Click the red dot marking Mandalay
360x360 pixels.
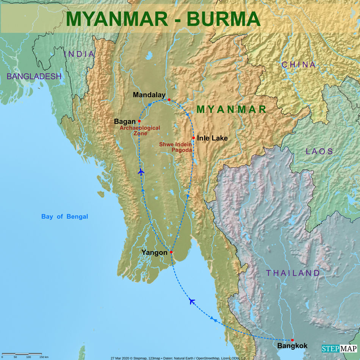tap(169, 100)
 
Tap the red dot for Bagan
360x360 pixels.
tap(139, 121)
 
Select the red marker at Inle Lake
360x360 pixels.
tap(193, 138)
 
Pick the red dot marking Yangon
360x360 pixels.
tap(171, 252)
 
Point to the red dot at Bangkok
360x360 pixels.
tap(292, 340)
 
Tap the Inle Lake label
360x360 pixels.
tap(212, 138)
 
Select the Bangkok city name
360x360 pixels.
tap(292, 346)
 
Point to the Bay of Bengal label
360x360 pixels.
tap(64, 217)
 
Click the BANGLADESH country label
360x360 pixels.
tap(34, 77)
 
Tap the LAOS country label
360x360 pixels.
tap(319, 152)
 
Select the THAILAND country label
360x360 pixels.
tap(293, 273)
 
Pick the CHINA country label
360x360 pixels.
tap(299, 65)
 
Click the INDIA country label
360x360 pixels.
tap(79, 54)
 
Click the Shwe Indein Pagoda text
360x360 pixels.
tap(175, 147)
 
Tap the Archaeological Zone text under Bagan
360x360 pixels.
tap(140, 131)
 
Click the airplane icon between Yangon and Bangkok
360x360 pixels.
tap(192, 301)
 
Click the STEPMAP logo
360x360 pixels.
tap(339, 349)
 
